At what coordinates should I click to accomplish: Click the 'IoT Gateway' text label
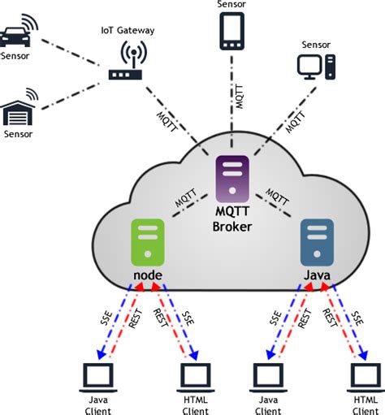[128, 30]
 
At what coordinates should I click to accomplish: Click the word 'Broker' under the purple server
[231, 227]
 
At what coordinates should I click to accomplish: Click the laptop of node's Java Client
[98, 375]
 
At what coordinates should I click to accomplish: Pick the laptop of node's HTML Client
[195, 375]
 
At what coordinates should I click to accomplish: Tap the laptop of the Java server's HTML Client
[365, 375]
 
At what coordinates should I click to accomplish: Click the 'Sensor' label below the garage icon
[17, 132]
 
